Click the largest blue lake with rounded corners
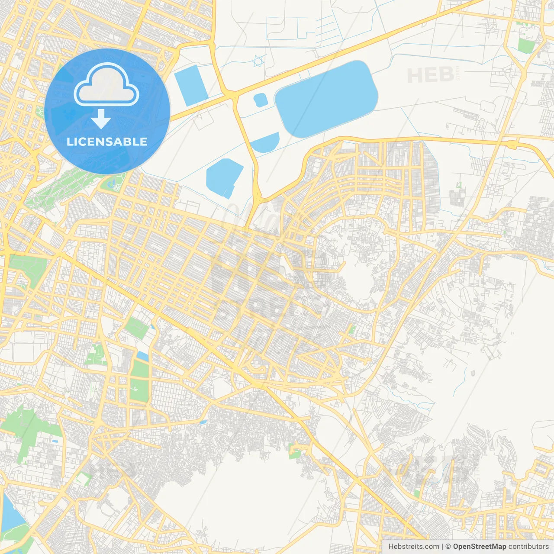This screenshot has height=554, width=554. click(327, 99)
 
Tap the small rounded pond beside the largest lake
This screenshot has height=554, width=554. click(261, 100)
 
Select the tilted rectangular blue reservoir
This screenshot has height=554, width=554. click(191, 85)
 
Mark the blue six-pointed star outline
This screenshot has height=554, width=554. click(258, 61)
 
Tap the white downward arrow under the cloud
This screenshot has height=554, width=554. click(101, 119)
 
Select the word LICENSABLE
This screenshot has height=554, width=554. click(107, 142)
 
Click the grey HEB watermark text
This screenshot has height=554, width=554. click(431, 76)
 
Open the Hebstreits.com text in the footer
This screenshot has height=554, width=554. click(414, 547)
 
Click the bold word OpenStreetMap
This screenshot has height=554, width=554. click(480, 547)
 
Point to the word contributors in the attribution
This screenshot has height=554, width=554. click(528, 547)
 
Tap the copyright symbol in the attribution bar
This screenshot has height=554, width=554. click(448, 547)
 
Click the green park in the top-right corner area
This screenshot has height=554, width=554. click(526, 45)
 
